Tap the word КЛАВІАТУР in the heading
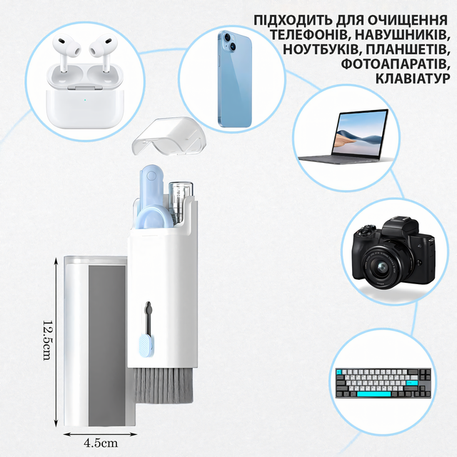[x=413, y=79]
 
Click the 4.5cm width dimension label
[x=101, y=443]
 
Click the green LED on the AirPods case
[x=84, y=100]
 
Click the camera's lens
[x=381, y=266]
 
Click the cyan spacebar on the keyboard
[x=373, y=393]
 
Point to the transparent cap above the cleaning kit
[x=170, y=136]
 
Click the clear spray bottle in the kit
[x=181, y=203]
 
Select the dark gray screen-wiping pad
[x=107, y=346]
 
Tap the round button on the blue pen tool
[x=151, y=176]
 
